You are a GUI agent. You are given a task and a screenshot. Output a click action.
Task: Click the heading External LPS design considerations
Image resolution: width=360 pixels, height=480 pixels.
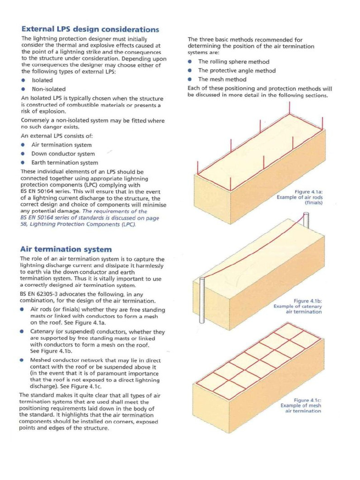click(90, 29)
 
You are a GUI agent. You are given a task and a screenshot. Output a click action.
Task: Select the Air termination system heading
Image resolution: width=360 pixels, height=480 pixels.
click(66, 249)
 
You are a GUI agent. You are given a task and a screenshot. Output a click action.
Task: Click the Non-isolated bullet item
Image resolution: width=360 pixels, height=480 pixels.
click(48, 89)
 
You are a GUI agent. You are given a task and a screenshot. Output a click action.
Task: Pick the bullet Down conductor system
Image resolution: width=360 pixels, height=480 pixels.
click(63, 154)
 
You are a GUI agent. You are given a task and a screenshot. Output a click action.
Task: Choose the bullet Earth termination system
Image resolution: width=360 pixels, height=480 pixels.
click(65, 163)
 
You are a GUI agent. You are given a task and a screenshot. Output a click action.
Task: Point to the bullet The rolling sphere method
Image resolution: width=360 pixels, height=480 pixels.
click(233, 62)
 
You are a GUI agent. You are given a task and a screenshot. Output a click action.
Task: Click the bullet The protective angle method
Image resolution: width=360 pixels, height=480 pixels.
click(237, 71)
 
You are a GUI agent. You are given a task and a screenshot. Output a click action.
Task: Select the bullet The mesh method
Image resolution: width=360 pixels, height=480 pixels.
click(222, 80)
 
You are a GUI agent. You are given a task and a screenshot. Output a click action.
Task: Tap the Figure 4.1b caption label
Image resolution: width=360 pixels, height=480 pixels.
click(307, 300)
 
